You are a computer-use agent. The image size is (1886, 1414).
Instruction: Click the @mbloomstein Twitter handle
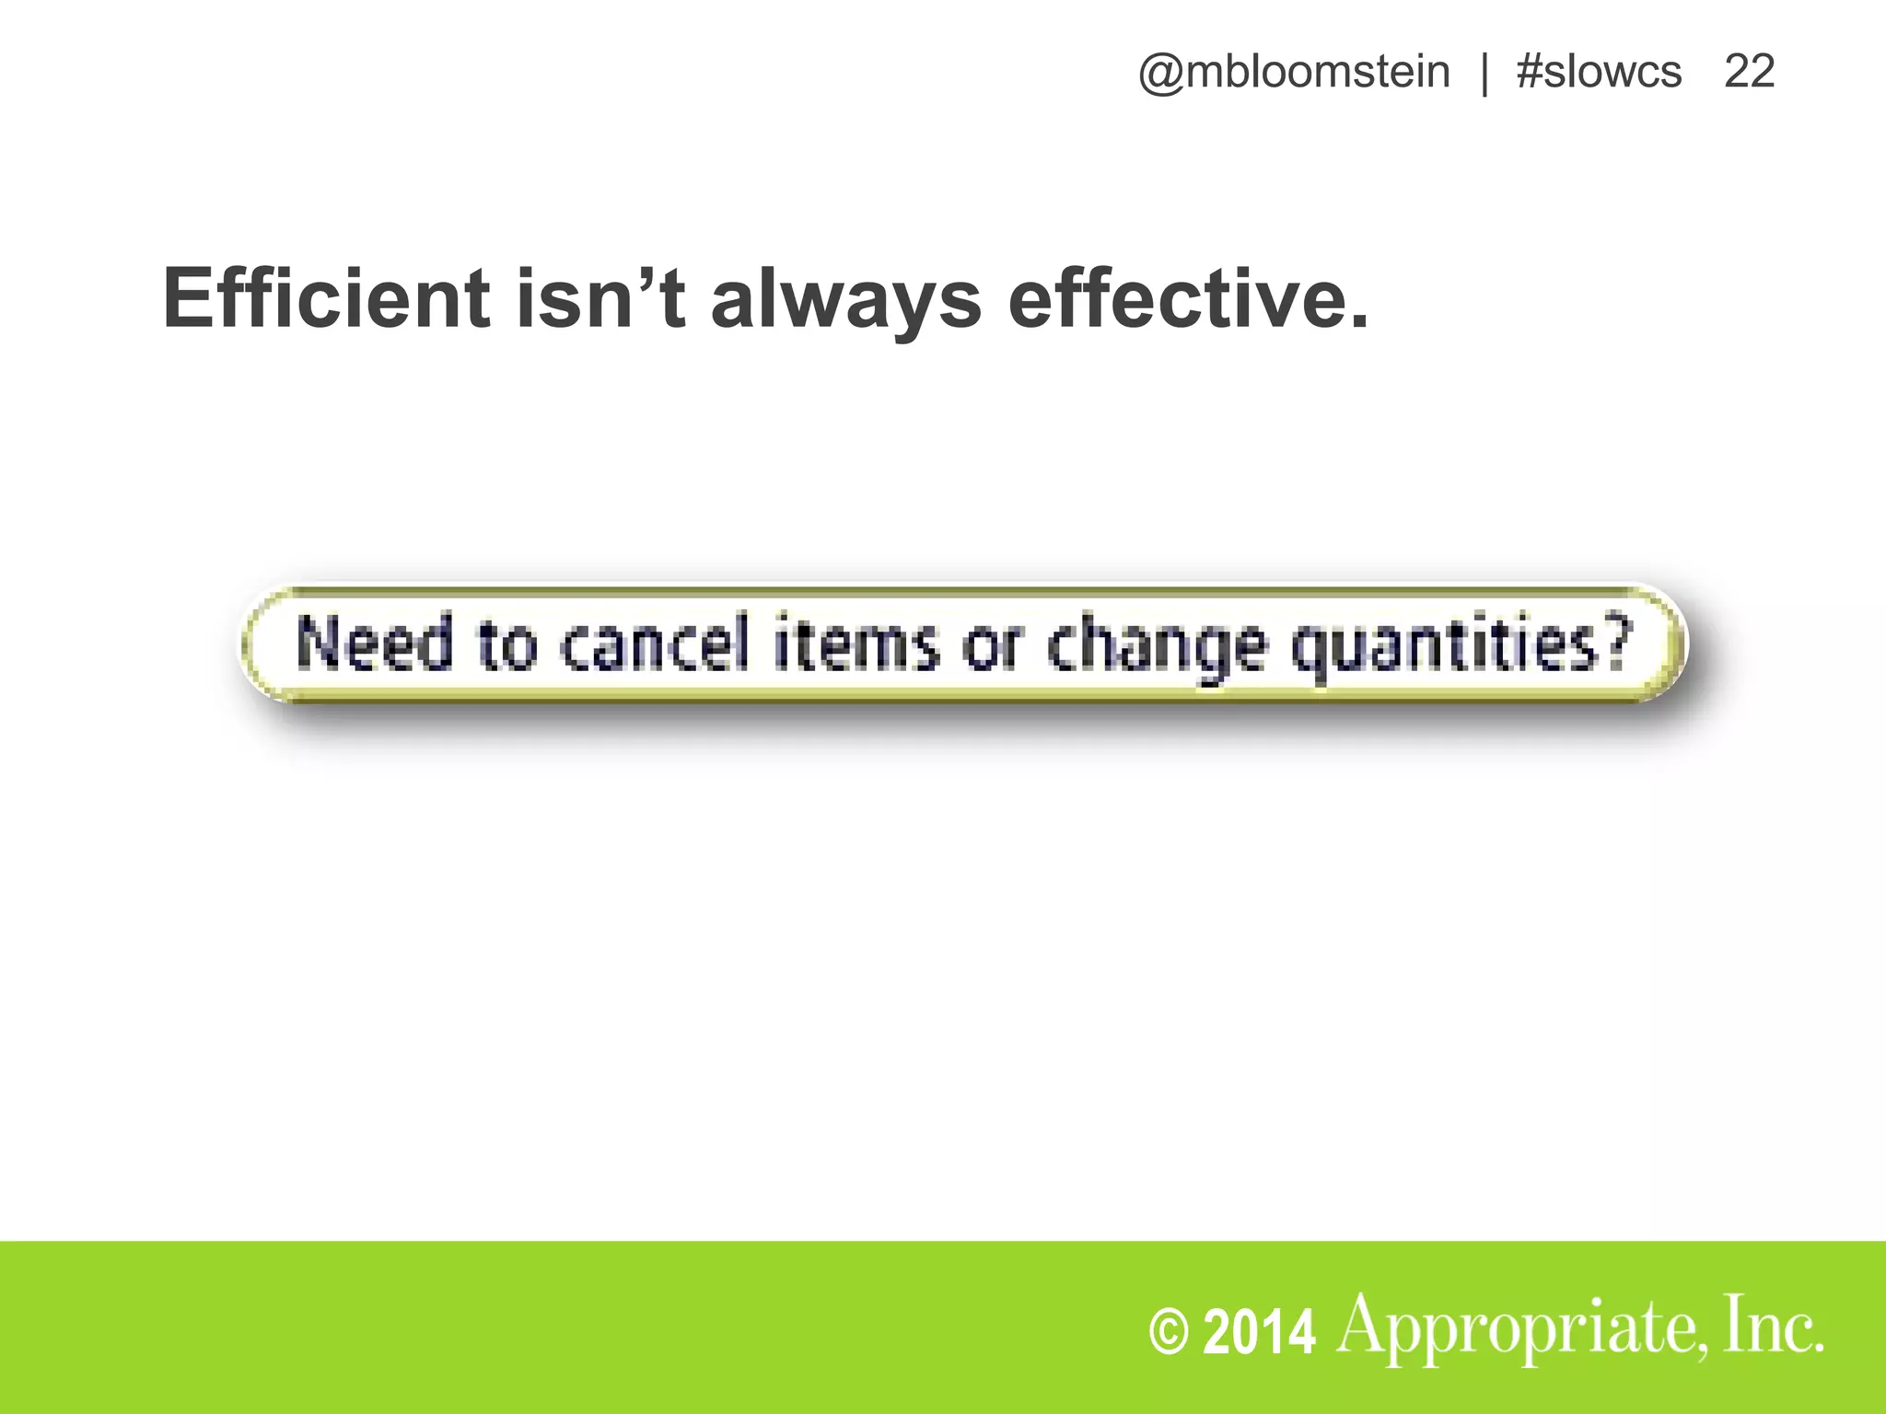[x=1294, y=72]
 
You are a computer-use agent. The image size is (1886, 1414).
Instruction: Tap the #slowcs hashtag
[x=1599, y=72]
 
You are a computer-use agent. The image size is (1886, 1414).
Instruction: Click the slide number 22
[x=1749, y=72]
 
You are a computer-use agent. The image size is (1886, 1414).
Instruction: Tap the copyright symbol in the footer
[x=1170, y=1334]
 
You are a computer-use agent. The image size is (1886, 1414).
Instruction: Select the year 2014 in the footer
[x=1260, y=1334]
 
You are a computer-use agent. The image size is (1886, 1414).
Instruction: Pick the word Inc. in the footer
[x=1773, y=1326]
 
